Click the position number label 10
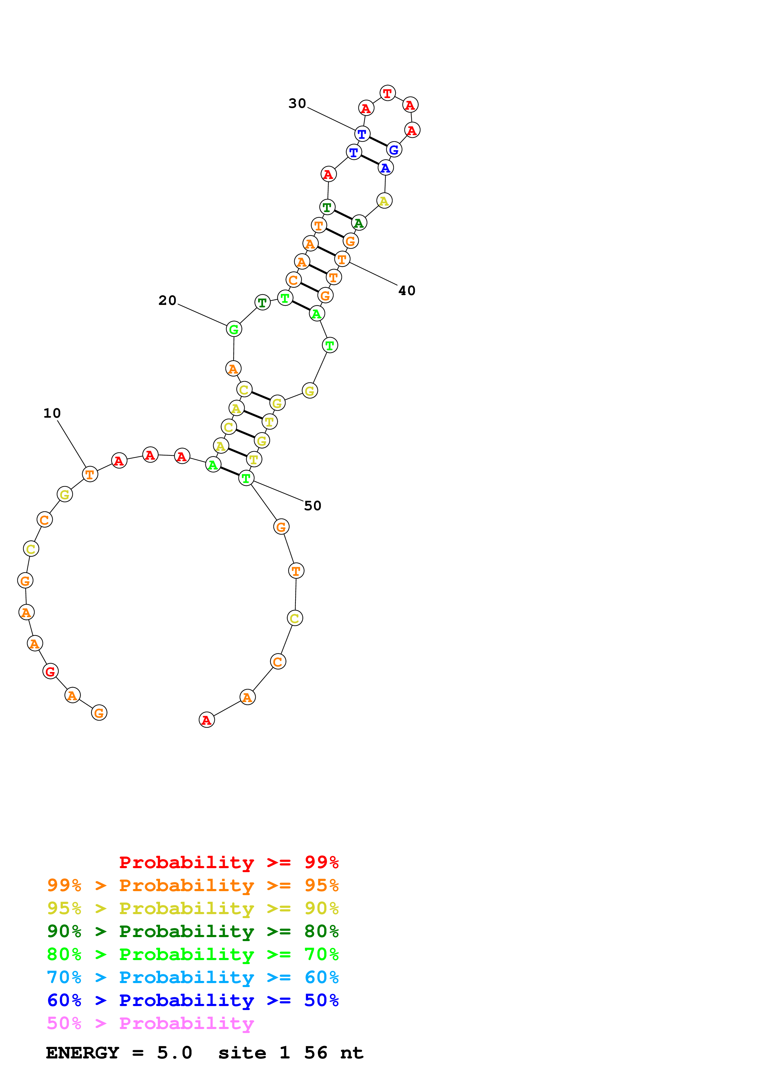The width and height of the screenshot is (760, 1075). (52, 413)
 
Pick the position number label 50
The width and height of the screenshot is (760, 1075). (312, 505)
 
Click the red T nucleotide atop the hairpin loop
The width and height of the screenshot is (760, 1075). (387, 93)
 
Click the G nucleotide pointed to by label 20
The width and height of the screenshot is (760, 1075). (234, 329)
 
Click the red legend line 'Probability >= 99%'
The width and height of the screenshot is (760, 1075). (228, 862)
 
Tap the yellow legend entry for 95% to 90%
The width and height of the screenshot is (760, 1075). (193, 908)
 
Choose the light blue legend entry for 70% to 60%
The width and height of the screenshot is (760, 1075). (193, 977)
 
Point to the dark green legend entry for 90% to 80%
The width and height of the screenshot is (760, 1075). (193, 931)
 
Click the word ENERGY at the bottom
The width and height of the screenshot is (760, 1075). (82, 1053)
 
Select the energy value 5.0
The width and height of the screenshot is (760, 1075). (174, 1053)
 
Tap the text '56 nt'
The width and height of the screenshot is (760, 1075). (334, 1053)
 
